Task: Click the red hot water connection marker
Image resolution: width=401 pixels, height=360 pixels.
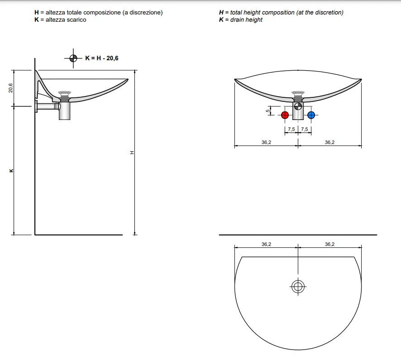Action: pos(285,115)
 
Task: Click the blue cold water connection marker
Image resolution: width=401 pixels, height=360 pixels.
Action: pos(311,115)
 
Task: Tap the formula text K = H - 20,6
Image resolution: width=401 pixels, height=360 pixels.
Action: pos(102,58)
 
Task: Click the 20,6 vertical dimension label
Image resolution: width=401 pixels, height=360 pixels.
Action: pos(10,88)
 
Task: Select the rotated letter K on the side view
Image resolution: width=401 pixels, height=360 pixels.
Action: pos(11,171)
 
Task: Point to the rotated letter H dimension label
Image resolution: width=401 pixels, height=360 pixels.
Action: pos(132,153)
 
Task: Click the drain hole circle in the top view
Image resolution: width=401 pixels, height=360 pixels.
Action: pos(298,287)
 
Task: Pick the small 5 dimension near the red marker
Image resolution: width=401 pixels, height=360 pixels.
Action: pos(268,111)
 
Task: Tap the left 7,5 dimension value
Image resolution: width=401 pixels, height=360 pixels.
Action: pos(291,129)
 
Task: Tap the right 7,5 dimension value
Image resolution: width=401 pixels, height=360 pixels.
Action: pos(304,129)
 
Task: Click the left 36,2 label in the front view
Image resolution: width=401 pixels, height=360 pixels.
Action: pos(266,142)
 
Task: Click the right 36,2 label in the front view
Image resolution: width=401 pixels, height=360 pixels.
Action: pos(329,142)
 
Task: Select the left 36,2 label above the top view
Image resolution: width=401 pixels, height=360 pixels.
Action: pos(266,244)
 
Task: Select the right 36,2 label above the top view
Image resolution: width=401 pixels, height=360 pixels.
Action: pos(329,244)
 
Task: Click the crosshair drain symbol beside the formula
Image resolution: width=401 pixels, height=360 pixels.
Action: pos(73,58)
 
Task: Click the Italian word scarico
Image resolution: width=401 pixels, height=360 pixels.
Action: pos(76,20)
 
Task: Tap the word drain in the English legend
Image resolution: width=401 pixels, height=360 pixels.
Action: pos(237,20)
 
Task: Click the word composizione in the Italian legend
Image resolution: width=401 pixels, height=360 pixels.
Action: pos(102,13)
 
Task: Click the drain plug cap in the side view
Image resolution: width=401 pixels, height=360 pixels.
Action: pos(64,92)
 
